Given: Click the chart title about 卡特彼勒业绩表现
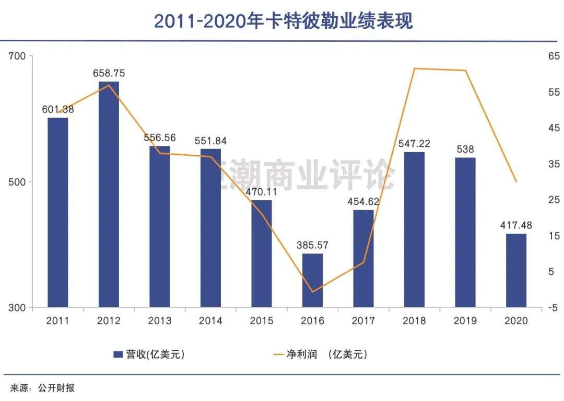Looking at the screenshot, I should pos(283,21).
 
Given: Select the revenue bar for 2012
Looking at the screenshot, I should pos(109,193).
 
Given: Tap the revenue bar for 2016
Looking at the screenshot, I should pos(312,280).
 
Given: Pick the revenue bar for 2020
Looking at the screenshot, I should pos(516,270).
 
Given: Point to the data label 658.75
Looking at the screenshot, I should pos(109,73).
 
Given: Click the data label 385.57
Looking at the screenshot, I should pos(312,245).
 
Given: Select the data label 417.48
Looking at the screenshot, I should pos(515,225).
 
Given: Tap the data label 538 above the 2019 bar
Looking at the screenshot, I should pos(465,148).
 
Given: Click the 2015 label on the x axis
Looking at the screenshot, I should pos(262,320).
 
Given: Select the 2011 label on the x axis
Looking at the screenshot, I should pos(57,320).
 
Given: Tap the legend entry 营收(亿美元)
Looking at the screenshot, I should pos(149,354).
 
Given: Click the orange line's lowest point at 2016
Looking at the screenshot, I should pos(312,292).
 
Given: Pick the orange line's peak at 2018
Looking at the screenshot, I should pos(414,68).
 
